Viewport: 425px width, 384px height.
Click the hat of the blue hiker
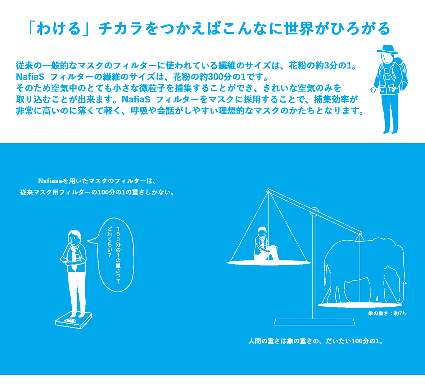(x=387, y=49)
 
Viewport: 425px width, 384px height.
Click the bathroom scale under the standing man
(x=73, y=321)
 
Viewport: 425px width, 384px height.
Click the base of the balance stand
(x=315, y=322)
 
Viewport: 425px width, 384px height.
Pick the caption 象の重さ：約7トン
(x=387, y=313)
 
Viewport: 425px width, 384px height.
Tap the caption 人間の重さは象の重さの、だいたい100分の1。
(x=316, y=341)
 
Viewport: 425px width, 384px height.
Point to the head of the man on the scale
(x=74, y=237)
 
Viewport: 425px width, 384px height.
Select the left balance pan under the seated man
(x=268, y=262)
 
